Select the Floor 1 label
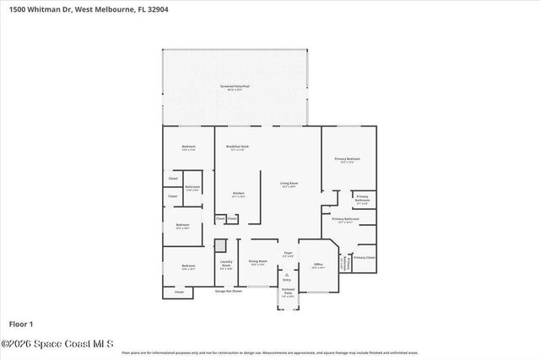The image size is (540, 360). pyautogui.click(x=20, y=324)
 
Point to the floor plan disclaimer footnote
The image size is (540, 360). pyautogui.click(x=269, y=353)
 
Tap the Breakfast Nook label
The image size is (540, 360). pyautogui.click(x=237, y=147)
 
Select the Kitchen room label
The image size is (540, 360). pyautogui.click(x=239, y=194)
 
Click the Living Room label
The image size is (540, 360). pyautogui.click(x=289, y=184)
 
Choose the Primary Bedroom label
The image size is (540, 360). pyautogui.click(x=347, y=159)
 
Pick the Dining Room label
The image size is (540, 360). pyautogui.click(x=258, y=262)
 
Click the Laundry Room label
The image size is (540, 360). pyautogui.click(x=226, y=264)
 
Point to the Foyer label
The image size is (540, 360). pyautogui.click(x=288, y=253)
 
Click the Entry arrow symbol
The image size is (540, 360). pyautogui.click(x=288, y=275)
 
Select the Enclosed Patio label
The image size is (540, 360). pyautogui.click(x=288, y=293)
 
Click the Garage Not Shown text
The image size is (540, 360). pyautogui.click(x=228, y=291)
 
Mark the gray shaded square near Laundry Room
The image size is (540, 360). pyautogui.click(x=220, y=245)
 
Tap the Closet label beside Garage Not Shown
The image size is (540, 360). pyautogui.click(x=178, y=292)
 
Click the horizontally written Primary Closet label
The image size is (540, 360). pyautogui.click(x=364, y=257)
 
